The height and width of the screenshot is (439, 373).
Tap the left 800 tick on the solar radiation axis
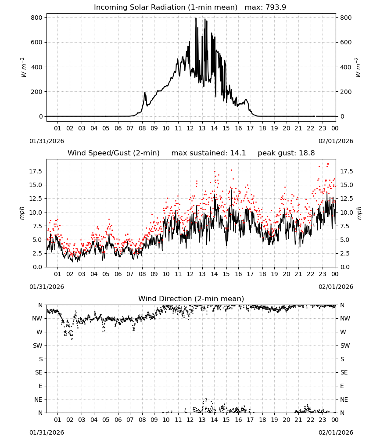point(37,18)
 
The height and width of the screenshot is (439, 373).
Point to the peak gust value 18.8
point(307,153)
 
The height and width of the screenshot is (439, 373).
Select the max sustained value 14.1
point(238,153)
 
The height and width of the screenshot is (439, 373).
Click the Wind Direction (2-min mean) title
point(191,299)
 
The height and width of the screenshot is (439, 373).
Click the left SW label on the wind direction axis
point(37,345)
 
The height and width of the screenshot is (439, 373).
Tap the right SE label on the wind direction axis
point(344,372)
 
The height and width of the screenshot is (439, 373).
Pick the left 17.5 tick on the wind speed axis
point(36,171)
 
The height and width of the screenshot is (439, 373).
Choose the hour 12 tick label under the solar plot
point(190,128)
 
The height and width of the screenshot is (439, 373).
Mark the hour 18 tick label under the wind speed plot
point(262,274)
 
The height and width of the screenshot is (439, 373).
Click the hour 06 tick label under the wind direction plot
point(118,420)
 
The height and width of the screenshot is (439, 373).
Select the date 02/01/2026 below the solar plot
point(336,141)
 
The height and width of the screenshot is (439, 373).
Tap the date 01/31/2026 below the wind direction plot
point(47,432)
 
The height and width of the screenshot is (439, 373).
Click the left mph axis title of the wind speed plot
point(22,213)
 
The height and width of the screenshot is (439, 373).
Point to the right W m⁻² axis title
point(358,67)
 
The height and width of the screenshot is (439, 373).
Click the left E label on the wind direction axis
point(40,386)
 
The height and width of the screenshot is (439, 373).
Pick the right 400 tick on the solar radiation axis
point(346,67)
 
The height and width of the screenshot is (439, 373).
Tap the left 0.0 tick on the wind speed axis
point(37,267)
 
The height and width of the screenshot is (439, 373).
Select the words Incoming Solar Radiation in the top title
point(140,7)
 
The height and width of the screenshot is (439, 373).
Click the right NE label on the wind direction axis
point(344,399)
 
